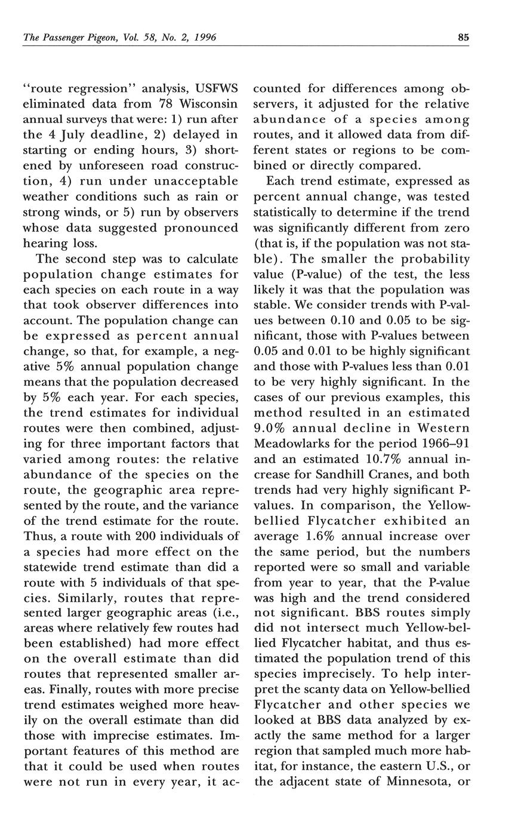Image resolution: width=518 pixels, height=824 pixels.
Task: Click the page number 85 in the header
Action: pos(464,38)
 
